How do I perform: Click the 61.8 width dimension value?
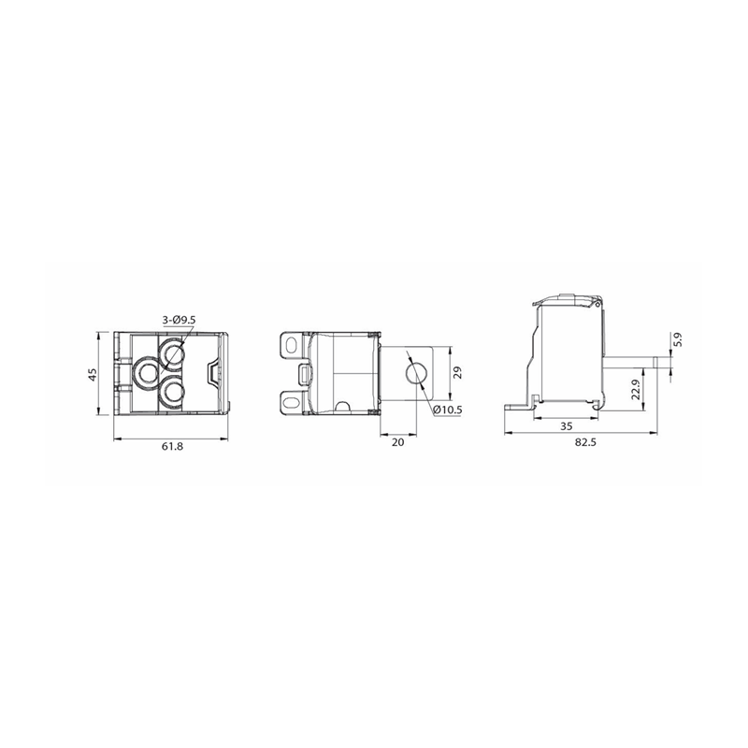[173, 447]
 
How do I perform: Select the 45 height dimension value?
[93, 374]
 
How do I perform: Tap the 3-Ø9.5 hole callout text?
[179, 321]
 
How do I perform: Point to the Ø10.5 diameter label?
[448, 410]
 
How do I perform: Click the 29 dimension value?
[458, 373]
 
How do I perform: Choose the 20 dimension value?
[398, 442]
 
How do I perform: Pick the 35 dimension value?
[567, 426]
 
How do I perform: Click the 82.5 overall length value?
[586, 442]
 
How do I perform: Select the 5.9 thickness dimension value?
[679, 339]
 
